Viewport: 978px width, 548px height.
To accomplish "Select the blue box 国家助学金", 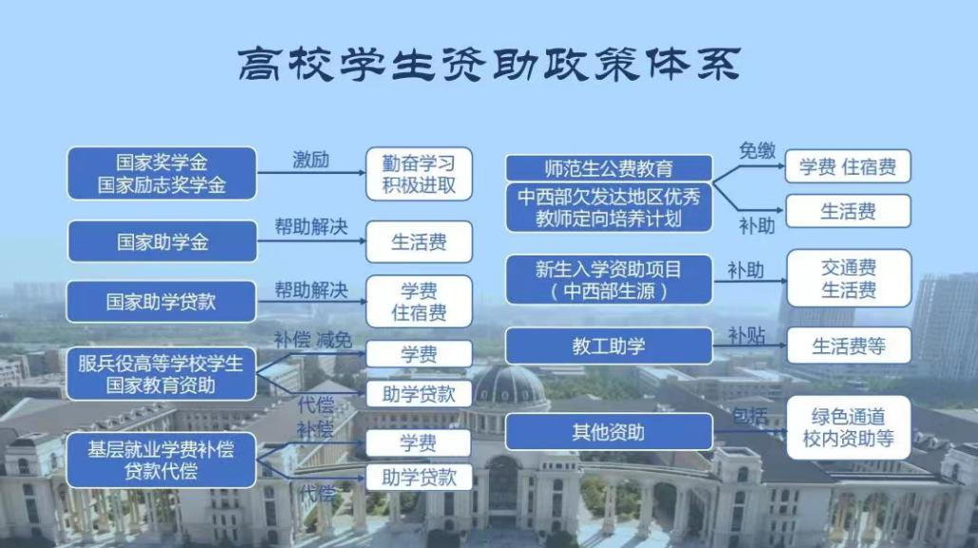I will pos(161,241).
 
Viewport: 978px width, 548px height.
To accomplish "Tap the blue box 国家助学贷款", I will pos(161,301).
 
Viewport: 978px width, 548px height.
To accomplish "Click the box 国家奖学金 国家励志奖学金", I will pos(161,173).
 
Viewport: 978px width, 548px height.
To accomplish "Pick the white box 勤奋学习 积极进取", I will pos(419,173).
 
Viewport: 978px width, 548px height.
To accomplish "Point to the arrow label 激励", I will pos(310,160).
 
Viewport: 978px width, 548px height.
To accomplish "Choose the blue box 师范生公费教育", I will pos(609,168).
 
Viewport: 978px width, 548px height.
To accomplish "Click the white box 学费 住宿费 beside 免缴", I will pos(847,167).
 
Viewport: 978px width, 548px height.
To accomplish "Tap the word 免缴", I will pos(757,150).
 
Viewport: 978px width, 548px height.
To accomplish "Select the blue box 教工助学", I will pos(609,347).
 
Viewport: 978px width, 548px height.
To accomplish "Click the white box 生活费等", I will pos(848,346).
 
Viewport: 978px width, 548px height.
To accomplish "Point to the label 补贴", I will pos(746,335).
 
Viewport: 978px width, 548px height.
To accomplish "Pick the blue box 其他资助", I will pos(609,432).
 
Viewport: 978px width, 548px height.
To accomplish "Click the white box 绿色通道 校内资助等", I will pos(848,427).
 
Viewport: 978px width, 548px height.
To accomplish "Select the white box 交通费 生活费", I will pos(848,278).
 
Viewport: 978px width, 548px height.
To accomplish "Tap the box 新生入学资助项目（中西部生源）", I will pos(609,279).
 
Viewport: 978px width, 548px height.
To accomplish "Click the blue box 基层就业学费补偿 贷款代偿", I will pos(161,460).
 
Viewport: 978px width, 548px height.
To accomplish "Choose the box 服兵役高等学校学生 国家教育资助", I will pos(161,373).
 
